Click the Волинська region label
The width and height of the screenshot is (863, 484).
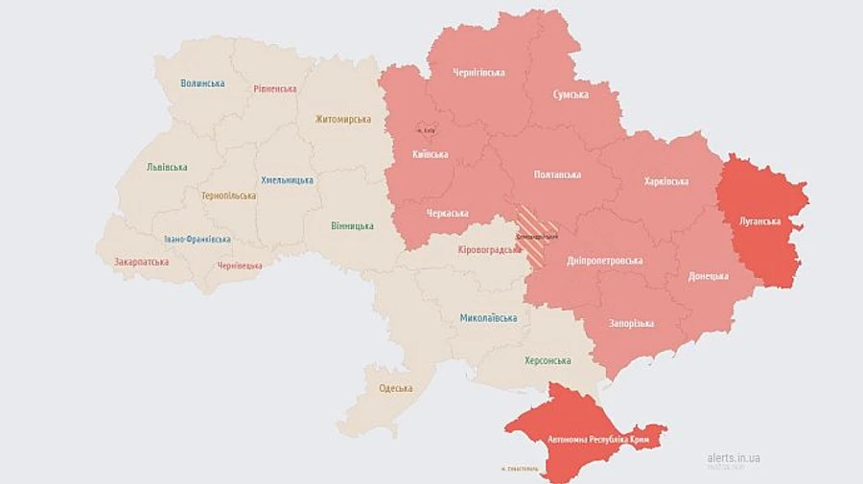(202, 83)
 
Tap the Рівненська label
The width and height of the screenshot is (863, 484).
(275, 89)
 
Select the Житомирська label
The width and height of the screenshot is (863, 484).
(342, 120)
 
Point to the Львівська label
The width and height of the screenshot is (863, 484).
(167, 167)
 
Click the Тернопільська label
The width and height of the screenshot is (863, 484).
(228, 196)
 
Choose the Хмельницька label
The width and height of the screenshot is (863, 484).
(287, 180)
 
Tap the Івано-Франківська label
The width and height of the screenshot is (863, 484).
(197, 239)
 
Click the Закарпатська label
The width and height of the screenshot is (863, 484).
(141, 262)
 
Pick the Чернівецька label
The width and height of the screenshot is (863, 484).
(240, 265)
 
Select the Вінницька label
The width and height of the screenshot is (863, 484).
(352, 226)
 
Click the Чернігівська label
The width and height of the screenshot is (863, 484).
(479, 72)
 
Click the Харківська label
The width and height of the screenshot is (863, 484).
(666, 181)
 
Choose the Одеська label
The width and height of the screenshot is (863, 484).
(395, 388)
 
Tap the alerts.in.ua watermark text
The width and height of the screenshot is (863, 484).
(734, 458)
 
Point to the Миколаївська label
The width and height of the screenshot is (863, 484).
(488, 318)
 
